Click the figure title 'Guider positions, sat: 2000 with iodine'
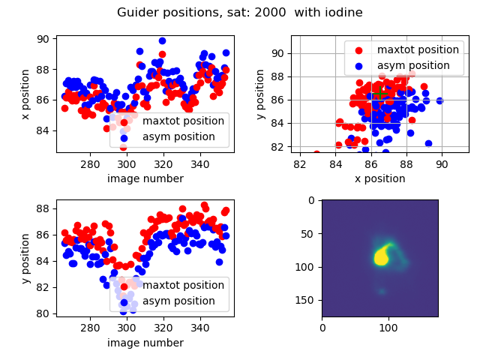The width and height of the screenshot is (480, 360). tap(240, 13)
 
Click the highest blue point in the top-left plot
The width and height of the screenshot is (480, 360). tap(163, 40)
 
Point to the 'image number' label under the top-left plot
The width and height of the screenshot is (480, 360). tap(145, 178)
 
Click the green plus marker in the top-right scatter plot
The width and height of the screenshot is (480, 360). tap(380, 93)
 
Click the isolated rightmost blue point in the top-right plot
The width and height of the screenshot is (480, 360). tap(439, 100)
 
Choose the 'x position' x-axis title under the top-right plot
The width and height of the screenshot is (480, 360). tap(379, 178)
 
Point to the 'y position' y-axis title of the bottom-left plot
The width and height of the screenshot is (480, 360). tap(25, 259)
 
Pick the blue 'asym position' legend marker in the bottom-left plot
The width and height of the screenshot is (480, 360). tap(124, 301)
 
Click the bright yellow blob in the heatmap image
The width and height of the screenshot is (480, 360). tap(382, 256)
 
